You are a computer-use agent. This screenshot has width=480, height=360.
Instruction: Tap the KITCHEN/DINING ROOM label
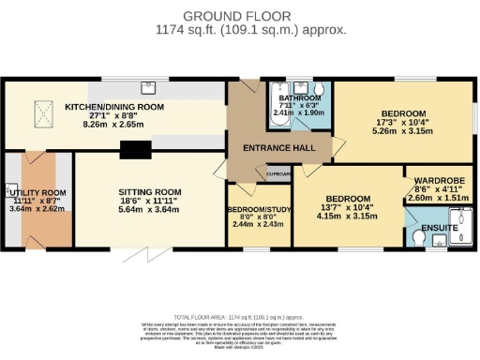114,107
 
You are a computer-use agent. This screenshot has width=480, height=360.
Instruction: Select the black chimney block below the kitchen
135,149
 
